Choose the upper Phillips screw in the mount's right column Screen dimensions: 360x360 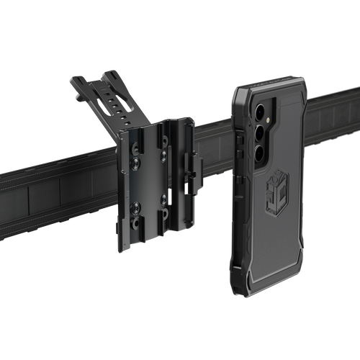click(163, 153)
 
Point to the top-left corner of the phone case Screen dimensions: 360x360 click(237, 89)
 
